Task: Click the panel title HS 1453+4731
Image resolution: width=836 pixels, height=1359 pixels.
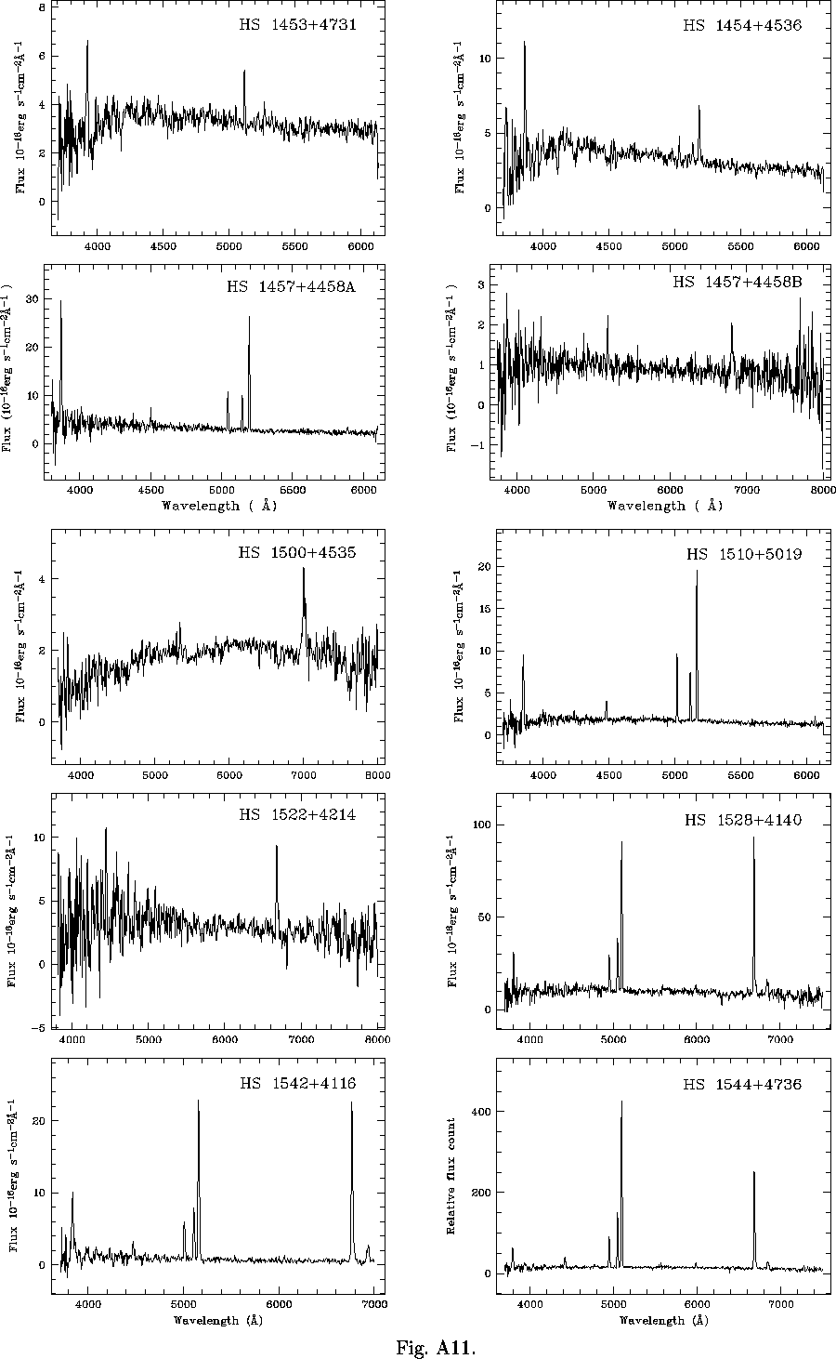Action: click(297, 25)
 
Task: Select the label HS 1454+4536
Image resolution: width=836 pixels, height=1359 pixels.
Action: click(742, 25)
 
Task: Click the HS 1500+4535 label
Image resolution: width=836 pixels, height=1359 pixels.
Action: click(297, 552)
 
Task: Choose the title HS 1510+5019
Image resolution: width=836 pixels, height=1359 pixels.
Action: click(744, 554)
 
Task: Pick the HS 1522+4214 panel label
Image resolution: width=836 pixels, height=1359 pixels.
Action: click(297, 815)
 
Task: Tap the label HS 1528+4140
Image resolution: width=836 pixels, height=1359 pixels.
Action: click(742, 820)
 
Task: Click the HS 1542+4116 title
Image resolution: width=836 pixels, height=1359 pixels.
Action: click(297, 1083)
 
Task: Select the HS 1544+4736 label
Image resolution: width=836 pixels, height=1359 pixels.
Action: click(742, 1084)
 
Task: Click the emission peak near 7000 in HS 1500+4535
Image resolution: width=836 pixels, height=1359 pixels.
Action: click(303, 569)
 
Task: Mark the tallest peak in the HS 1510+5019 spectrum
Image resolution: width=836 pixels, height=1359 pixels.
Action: click(697, 572)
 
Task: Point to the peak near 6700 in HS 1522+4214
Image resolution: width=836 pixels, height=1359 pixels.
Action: click(276, 847)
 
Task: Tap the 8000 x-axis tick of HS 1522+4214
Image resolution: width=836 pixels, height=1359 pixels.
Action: click(376, 1038)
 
